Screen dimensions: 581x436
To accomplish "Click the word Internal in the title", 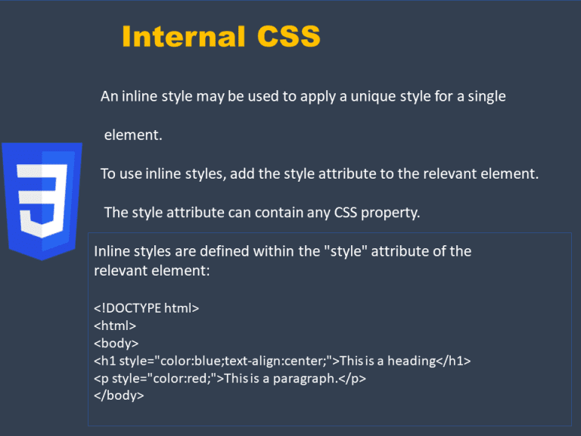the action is pyautogui.click(x=184, y=36).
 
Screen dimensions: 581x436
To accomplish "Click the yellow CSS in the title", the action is pyautogui.click(x=289, y=36).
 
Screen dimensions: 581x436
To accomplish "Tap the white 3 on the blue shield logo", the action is pyautogui.click(x=42, y=201).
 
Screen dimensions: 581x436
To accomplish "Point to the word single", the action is pyautogui.click(x=486, y=97).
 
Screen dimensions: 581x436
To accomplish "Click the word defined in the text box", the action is pyautogui.click(x=224, y=251).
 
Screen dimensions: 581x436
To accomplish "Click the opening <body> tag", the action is pyautogui.click(x=116, y=344).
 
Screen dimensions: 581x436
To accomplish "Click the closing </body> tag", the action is pyautogui.click(x=119, y=396).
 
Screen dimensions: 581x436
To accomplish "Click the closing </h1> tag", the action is pyautogui.click(x=454, y=361).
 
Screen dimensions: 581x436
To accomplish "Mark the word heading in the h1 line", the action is pyautogui.click(x=412, y=361).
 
